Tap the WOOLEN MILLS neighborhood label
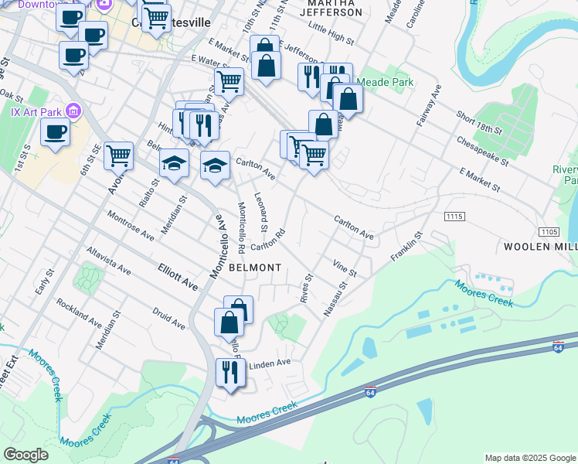pyautogui.click(x=540, y=247)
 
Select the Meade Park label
pyautogui.click(x=385, y=83)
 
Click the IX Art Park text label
pyautogui.click(x=36, y=111)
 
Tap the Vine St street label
pyautogui.click(x=344, y=268)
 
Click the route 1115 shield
pyautogui.click(x=455, y=217)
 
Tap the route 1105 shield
pyautogui.click(x=548, y=231)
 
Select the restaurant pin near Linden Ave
pyautogui.click(x=230, y=373)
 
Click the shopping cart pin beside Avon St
pyautogui.click(x=119, y=156)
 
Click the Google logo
pyautogui.click(x=25, y=455)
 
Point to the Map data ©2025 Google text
pyautogui.click(x=530, y=458)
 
